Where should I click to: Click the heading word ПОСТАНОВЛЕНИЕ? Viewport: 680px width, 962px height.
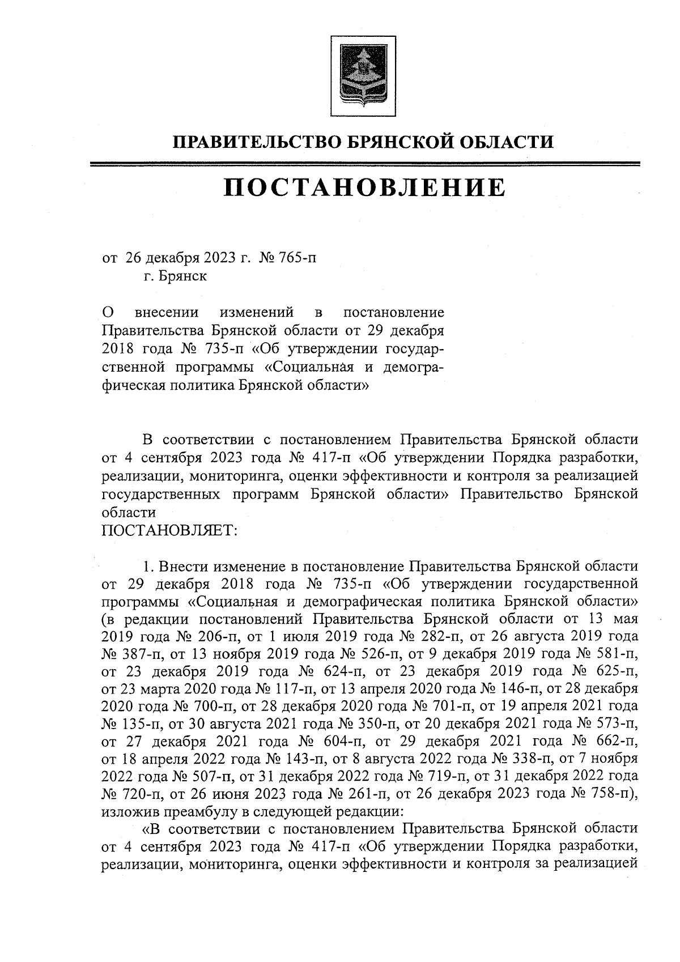click(x=363, y=188)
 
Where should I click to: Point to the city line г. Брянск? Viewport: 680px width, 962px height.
click(x=175, y=276)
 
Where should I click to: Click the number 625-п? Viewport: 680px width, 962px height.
click(x=614, y=671)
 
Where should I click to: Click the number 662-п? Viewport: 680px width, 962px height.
click(x=614, y=743)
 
